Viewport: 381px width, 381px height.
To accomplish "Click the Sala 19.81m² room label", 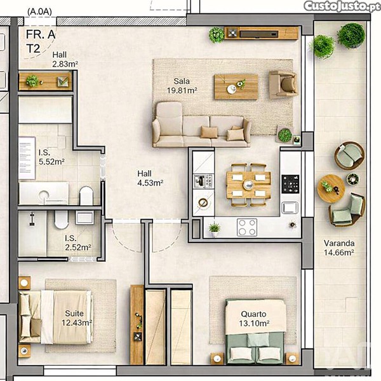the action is point(182,86).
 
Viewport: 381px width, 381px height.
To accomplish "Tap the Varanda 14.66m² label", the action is point(339,248).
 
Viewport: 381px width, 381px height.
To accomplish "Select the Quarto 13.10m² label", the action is point(254,319).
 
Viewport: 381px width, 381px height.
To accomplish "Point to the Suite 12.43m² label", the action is point(77,318).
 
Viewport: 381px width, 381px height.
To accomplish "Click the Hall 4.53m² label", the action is point(150,178).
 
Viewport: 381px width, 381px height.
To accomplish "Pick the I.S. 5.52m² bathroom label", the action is point(51,157).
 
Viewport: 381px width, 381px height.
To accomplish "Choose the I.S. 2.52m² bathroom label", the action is point(77,243).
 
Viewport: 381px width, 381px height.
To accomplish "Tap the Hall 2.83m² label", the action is point(65,59).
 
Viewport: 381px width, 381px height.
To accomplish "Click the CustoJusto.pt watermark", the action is point(342,6).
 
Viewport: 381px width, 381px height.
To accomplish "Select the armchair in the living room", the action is point(283,84).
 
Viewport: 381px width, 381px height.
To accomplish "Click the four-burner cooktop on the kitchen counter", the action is point(247,227).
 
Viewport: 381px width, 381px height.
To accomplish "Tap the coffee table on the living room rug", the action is point(236,87).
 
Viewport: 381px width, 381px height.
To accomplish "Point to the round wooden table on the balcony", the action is point(331,189).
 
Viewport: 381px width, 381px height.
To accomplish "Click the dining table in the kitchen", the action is point(248,185).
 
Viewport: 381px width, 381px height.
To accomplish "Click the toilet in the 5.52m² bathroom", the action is point(86,196).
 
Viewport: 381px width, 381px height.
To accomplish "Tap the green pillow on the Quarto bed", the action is point(258,340).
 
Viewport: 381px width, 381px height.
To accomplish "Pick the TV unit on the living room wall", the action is point(261,33).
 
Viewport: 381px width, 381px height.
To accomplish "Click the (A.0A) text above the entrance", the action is point(39,11).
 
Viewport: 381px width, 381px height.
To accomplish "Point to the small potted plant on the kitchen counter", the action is point(215,229).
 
